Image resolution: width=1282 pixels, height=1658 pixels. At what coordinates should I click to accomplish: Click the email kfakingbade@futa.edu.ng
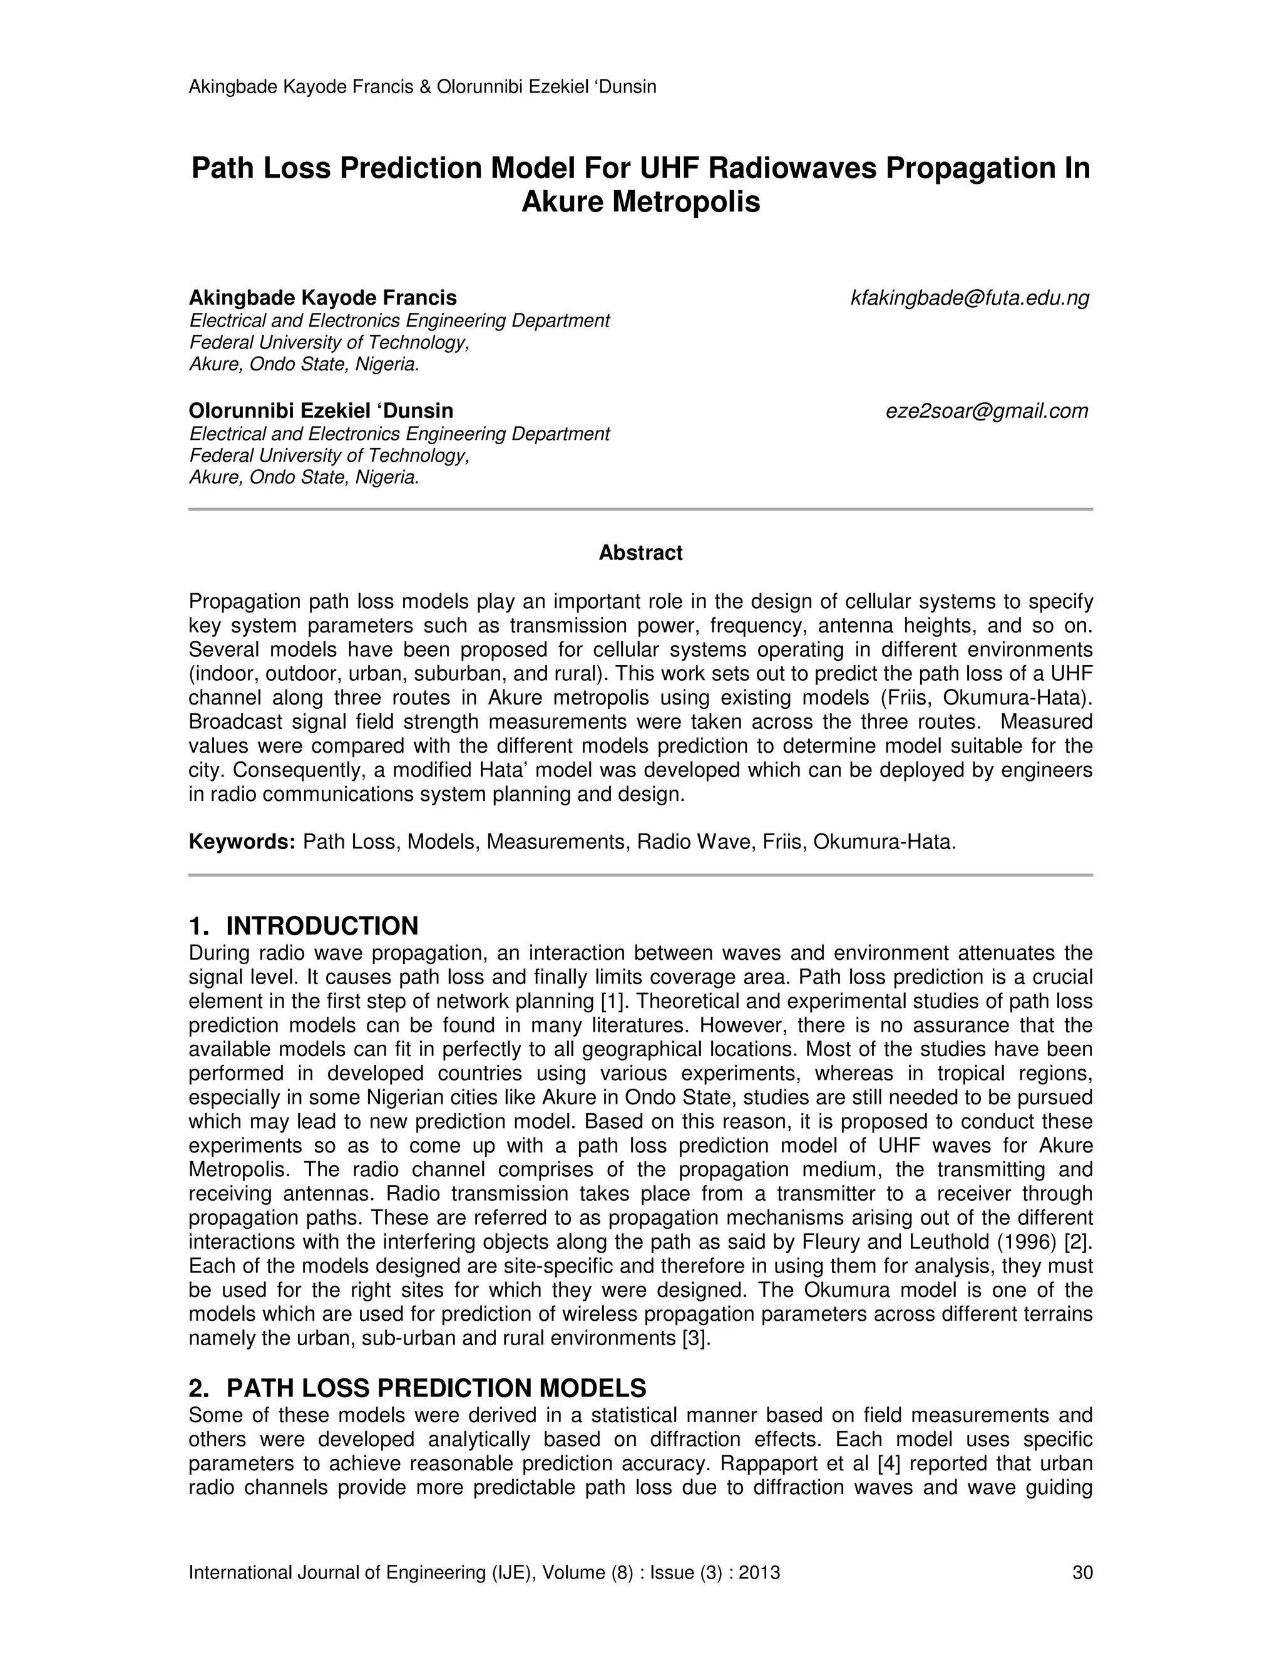pos(970,298)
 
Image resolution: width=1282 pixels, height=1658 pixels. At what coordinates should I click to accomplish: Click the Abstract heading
pos(640,552)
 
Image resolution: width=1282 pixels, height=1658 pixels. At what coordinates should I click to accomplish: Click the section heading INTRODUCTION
pos(322,926)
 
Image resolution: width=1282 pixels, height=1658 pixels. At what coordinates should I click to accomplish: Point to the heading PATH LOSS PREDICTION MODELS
pos(436,1388)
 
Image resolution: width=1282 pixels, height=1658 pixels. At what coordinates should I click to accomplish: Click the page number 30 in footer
pos(1082,1572)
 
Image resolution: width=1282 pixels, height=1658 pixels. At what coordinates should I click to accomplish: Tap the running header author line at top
pos(423,86)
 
